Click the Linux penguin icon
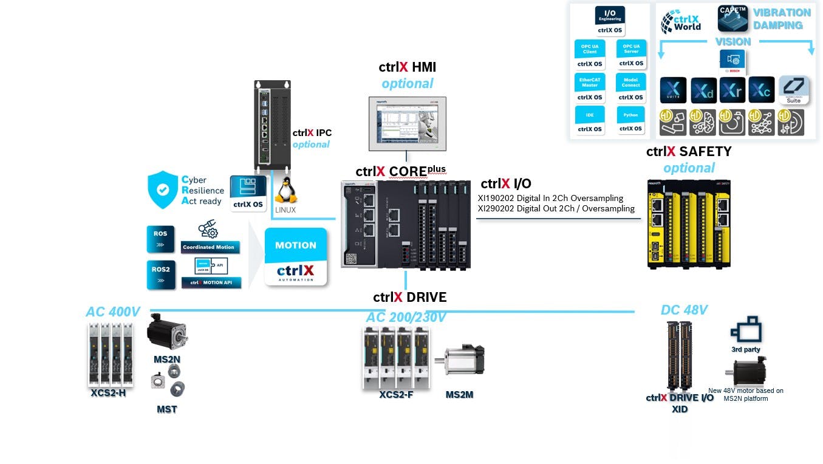286,193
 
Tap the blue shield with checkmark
162,189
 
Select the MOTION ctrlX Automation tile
296,256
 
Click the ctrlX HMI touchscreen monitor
407,123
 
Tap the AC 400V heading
113,312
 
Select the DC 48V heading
684,310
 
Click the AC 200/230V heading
406,318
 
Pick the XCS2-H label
108,392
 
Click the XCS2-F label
396,395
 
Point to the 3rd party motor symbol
746,330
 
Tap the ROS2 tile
161,275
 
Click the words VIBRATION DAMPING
782,19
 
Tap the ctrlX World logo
681,21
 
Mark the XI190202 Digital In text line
550,199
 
